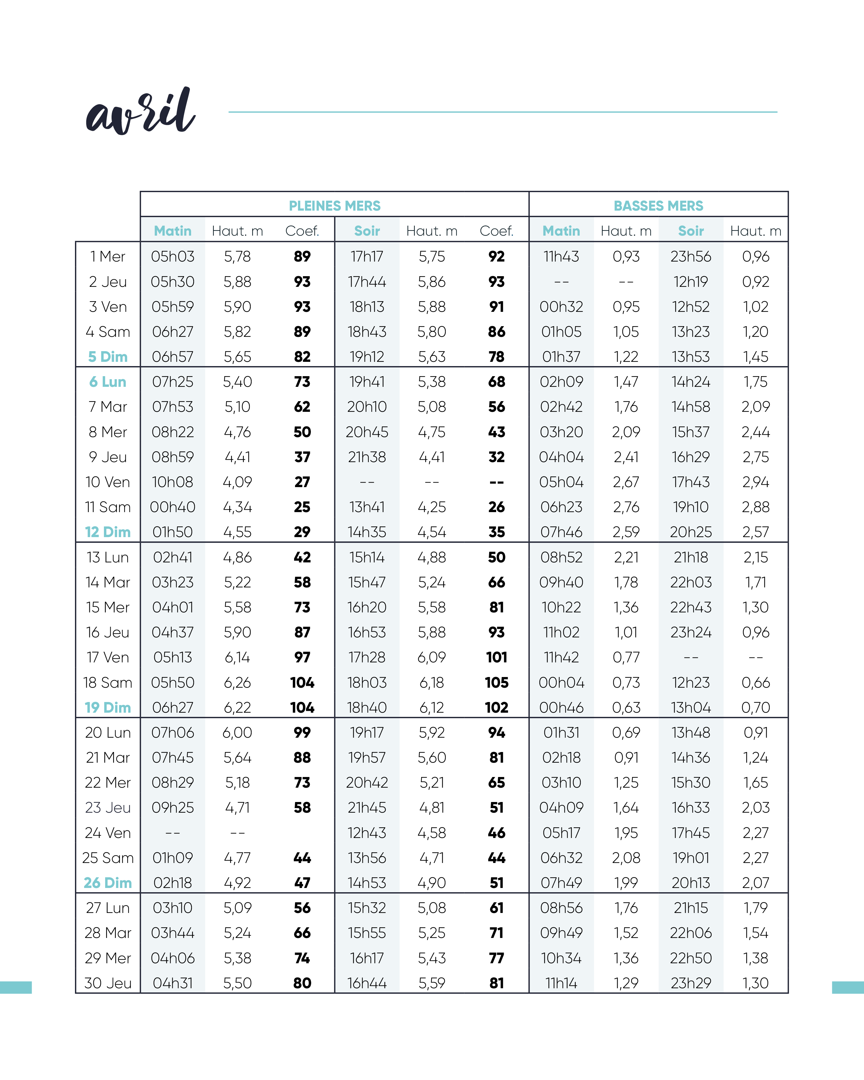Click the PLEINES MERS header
(335, 206)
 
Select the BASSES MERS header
(658, 206)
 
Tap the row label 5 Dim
(108, 357)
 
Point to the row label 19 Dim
(108, 707)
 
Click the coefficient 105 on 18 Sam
(496, 682)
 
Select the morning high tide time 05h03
(173, 256)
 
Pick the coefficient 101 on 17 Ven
(496, 657)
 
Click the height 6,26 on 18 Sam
(237, 682)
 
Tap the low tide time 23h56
(691, 256)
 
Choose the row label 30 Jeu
(108, 983)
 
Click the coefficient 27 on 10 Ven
(302, 482)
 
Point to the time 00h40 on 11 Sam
(173, 507)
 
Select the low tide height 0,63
(626, 707)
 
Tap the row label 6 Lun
(108, 382)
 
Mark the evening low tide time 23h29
(691, 983)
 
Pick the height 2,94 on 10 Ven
(755, 482)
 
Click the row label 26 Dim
(108, 883)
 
